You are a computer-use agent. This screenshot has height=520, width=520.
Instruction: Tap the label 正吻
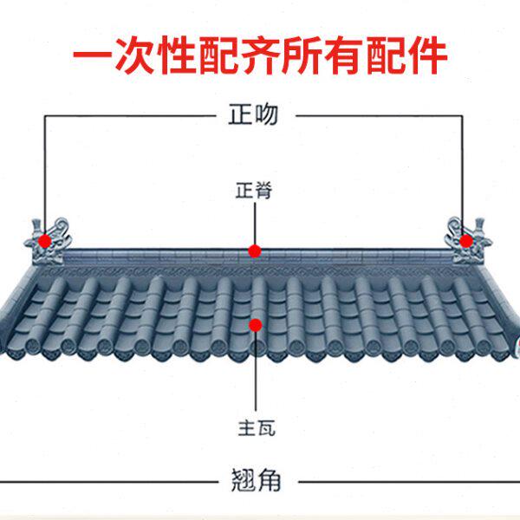254,114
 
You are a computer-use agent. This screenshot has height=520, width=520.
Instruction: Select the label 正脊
254,190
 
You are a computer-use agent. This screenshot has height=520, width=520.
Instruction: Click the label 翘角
257,480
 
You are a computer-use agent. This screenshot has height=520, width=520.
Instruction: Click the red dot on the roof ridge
255,251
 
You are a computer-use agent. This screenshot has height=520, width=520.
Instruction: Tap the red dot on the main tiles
255,325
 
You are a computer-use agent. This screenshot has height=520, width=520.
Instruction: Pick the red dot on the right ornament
466,240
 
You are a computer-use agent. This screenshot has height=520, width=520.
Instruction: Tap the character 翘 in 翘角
244,480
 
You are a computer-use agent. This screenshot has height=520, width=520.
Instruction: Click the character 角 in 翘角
270,480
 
